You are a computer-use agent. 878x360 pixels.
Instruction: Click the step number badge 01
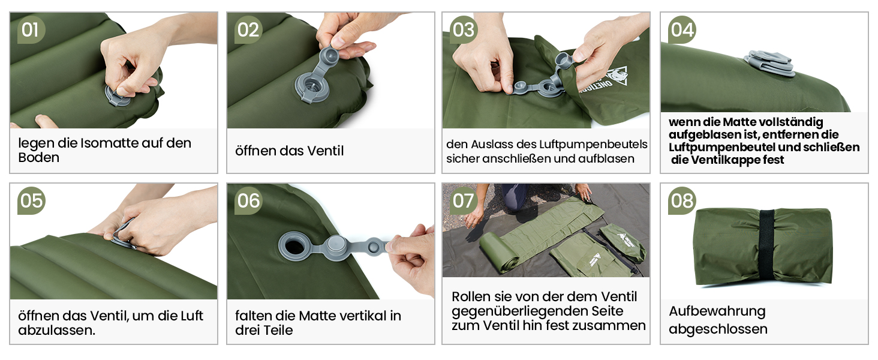[x=31, y=30]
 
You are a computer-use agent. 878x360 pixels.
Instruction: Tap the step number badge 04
[x=682, y=30]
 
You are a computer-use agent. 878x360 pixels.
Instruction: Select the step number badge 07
[x=464, y=201]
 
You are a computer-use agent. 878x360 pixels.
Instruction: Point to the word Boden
[x=39, y=158]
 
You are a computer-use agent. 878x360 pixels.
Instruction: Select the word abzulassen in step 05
[x=56, y=330]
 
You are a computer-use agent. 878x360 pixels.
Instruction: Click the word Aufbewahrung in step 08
[x=717, y=311]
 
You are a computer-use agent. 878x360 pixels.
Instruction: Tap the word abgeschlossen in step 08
[x=718, y=329]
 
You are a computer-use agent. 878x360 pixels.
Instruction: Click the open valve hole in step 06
[x=293, y=247]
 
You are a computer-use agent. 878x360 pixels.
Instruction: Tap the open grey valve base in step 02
[x=311, y=88]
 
